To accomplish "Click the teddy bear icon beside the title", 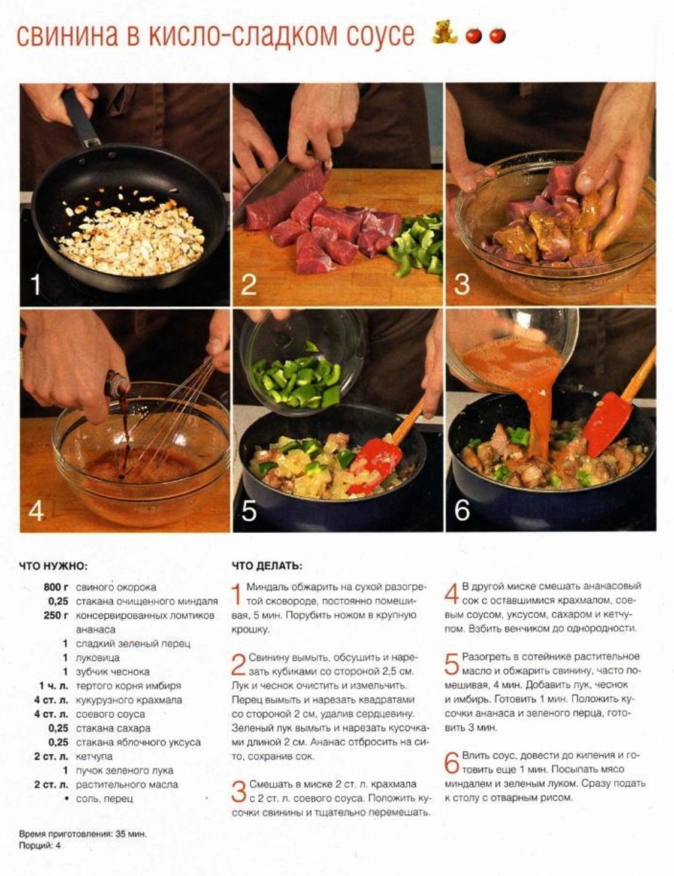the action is click(445, 32).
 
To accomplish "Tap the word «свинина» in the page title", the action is click(67, 35).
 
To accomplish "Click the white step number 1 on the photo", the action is click(36, 285).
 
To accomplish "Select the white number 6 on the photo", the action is click(462, 510).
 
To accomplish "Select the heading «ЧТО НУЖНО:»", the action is click(53, 566).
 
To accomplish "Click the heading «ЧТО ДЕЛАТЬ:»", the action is click(267, 566).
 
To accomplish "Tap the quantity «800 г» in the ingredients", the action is click(56, 587).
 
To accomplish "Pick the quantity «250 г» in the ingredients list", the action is click(56, 615).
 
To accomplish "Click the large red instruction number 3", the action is click(238, 792).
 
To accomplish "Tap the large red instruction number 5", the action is click(452, 664).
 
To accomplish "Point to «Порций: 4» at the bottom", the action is click(40, 845).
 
